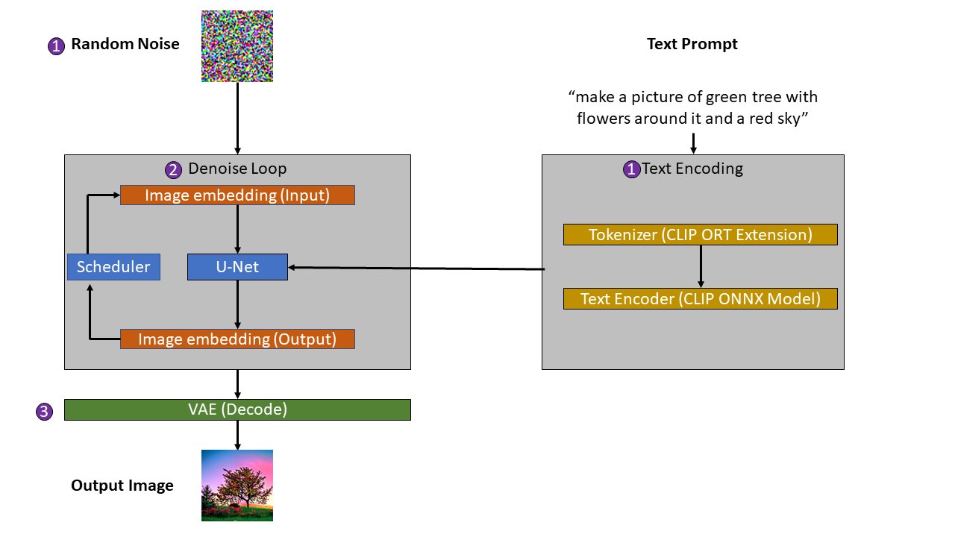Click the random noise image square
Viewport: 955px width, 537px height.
point(237,46)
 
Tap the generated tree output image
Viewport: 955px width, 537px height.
point(237,485)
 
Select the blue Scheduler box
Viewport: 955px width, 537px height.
point(113,267)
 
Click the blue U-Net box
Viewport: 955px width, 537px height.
point(237,267)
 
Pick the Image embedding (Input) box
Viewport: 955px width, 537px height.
point(237,195)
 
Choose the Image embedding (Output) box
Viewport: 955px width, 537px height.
point(237,339)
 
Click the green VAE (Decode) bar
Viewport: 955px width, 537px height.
point(237,409)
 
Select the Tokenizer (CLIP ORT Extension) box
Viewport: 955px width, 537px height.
point(700,235)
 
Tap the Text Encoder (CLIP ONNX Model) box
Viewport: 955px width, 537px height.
point(700,299)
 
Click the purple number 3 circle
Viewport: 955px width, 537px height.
point(45,412)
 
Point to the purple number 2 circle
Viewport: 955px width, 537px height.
point(174,170)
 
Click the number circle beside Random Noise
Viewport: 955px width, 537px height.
point(56,46)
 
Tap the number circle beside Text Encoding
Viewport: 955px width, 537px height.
point(631,169)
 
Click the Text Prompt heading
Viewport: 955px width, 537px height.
point(692,44)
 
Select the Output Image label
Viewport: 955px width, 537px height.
point(122,486)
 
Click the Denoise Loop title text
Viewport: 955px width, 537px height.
point(237,169)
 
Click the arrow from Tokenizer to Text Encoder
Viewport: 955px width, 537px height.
point(700,267)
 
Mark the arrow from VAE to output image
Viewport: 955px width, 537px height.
point(237,434)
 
